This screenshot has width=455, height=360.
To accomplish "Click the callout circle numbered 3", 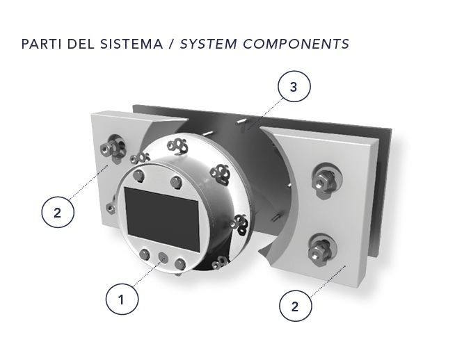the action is [294, 86].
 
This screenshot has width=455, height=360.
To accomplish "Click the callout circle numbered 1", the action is [122, 299].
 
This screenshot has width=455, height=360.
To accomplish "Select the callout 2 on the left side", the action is [58, 212].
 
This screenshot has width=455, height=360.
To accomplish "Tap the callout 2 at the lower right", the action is [296, 306].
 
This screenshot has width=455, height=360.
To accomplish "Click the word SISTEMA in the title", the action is [131, 44].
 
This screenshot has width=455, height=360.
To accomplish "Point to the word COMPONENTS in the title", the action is [296, 44].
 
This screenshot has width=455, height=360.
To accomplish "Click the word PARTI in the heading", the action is [42, 44].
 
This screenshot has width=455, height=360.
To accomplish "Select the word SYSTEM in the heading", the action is [208, 44].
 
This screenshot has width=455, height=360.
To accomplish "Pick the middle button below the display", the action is [163, 257].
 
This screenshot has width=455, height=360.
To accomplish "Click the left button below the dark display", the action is [145, 254].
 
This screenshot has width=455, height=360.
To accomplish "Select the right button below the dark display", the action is [180, 263].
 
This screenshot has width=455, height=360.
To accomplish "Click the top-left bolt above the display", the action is [138, 175].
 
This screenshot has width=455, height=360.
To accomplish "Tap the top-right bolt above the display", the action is [176, 182].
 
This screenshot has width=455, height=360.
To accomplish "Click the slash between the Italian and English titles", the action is [172, 44].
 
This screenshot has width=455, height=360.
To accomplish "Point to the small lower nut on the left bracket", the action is [110, 208].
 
